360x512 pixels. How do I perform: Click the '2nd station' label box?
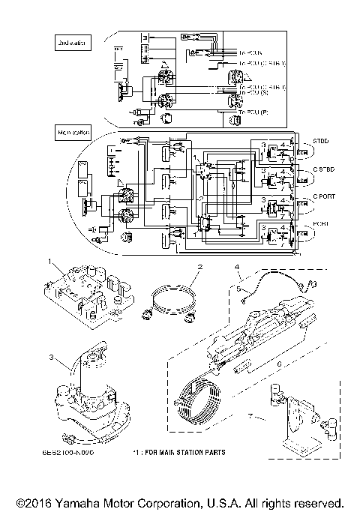click(72, 44)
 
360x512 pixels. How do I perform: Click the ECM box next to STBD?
click(303, 155)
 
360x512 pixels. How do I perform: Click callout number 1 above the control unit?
click(50, 262)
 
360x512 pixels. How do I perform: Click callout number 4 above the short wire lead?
click(237, 267)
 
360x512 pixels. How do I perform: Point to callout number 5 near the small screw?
click(238, 288)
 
